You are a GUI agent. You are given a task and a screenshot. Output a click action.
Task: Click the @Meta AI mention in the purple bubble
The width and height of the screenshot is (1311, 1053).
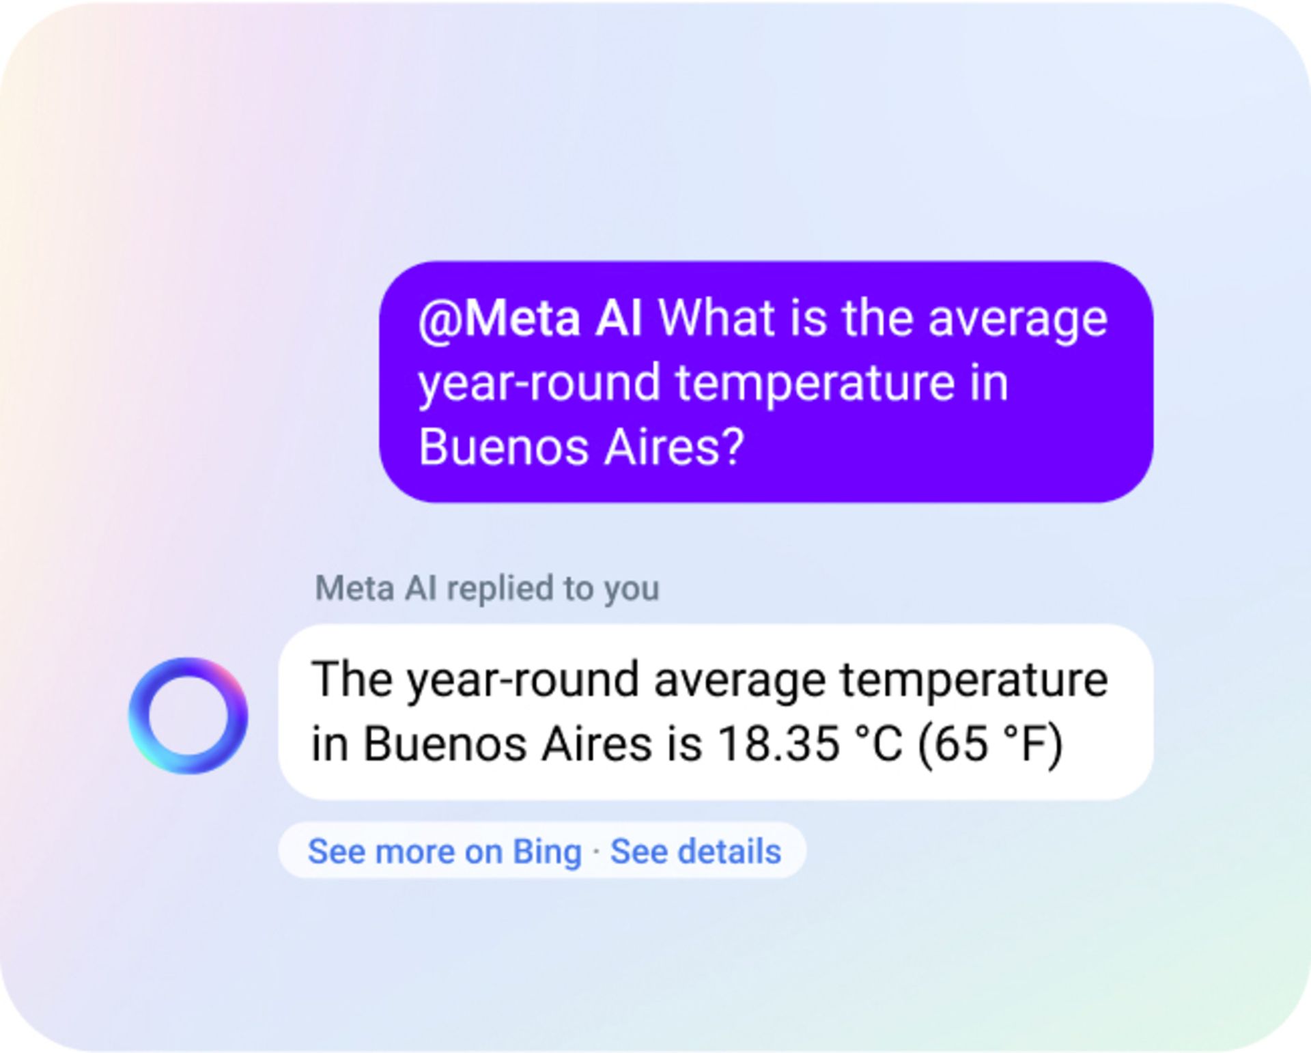(530, 320)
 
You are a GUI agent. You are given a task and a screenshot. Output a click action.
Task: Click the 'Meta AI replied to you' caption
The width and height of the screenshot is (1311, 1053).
(487, 589)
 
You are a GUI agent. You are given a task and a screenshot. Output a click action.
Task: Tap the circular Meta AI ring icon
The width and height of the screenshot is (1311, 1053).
(188, 716)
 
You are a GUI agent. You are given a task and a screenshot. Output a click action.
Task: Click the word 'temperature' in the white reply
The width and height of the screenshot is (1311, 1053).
(973, 680)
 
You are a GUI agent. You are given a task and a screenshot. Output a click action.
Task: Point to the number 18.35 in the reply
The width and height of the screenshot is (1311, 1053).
(779, 744)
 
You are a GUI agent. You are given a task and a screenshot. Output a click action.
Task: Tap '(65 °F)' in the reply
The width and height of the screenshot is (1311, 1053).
(990, 744)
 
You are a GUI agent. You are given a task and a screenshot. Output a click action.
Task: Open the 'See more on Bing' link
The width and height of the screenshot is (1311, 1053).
(445, 852)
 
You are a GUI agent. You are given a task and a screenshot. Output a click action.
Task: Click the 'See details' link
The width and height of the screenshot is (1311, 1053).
(695, 852)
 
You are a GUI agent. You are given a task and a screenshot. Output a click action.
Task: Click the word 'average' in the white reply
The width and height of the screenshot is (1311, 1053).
(740, 680)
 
